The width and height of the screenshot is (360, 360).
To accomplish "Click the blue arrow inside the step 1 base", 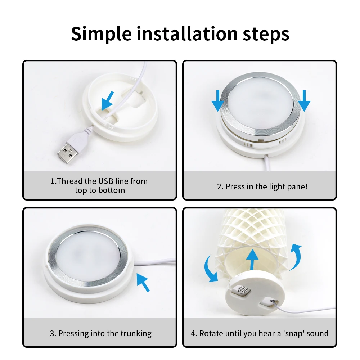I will pos(108,100).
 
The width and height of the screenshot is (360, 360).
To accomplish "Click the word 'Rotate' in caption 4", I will pos(211,333).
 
